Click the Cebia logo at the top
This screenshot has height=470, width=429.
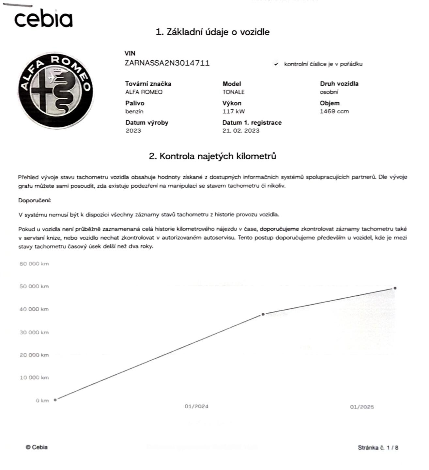pyautogui.click(x=43, y=19)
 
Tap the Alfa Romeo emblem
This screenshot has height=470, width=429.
pyautogui.click(x=55, y=90)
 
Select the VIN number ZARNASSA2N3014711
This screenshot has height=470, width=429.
pyautogui.click(x=167, y=63)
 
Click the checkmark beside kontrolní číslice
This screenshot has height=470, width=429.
pyautogui.click(x=276, y=64)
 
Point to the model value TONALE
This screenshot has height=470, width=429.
pyautogui.click(x=233, y=92)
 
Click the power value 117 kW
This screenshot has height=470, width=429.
pyautogui.click(x=234, y=111)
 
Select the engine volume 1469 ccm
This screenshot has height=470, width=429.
pyautogui.click(x=334, y=111)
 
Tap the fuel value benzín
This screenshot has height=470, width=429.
pyautogui.click(x=134, y=111)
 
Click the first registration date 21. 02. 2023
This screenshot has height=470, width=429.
pyautogui.click(x=241, y=131)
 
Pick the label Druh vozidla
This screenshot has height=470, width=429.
pyautogui.click(x=339, y=84)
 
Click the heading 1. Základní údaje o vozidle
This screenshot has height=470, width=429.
pyautogui.click(x=213, y=32)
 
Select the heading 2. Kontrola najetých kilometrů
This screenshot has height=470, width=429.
pyautogui.click(x=212, y=156)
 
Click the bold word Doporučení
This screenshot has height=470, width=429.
pyautogui.click(x=34, y=200)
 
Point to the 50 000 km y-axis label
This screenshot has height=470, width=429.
pyautogui.click(x=34, y=286)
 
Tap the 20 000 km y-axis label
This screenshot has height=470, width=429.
pyautogui.click(x=34, y=355)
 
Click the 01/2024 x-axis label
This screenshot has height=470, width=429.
pyautogui.click(x=196, y=406)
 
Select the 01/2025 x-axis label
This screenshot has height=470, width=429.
pyautogui.click(x=362, y=407)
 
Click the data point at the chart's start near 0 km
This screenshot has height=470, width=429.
pyautogui.click(x=55, y=399)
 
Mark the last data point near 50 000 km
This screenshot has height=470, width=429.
pyautogui.click(x=395, y=288)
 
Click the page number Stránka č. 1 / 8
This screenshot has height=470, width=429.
pyautogui.click(x=378, y=447)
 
